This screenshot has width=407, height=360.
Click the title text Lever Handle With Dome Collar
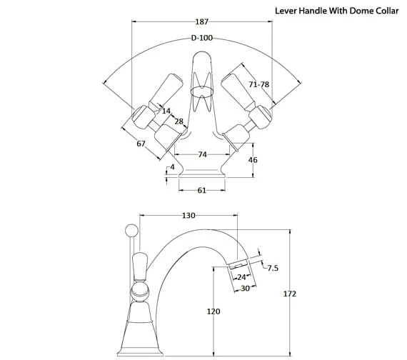337,11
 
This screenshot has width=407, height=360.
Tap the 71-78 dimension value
258,85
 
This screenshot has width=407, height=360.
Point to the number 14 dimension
166,111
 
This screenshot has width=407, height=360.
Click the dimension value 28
179,122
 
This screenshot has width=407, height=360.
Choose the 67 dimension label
141,144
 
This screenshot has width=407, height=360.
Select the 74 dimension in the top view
202,154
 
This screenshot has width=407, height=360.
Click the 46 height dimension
253,161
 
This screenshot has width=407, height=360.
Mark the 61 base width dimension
201,190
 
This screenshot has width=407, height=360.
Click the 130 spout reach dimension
189,215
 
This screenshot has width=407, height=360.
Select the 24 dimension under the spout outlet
241,277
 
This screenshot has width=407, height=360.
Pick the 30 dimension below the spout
245,288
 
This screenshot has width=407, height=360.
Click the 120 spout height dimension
213,312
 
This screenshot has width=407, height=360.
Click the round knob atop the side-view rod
130,230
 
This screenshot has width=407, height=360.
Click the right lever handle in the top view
236,89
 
